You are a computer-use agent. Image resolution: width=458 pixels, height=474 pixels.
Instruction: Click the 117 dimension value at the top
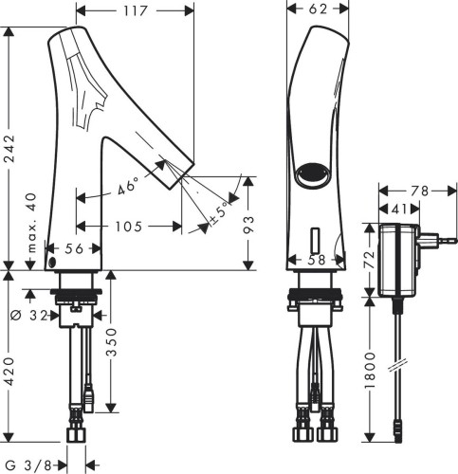coord(136,11)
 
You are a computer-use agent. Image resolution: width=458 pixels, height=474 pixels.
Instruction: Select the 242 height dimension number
coord(9,149)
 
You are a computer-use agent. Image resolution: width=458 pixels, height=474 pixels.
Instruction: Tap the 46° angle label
coord(128,186)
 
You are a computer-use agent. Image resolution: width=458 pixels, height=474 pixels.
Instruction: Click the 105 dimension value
coord(129,227)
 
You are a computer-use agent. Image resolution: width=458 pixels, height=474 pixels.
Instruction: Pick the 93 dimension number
coord(248,225)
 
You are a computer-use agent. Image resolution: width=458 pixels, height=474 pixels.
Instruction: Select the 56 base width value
coord(74,248)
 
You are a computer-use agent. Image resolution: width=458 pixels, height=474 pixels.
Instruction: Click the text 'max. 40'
coord(32,223)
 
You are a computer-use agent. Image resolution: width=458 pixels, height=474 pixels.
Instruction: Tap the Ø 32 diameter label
coord(29,315)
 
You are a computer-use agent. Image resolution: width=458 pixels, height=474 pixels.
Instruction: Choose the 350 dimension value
coord(111,341)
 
